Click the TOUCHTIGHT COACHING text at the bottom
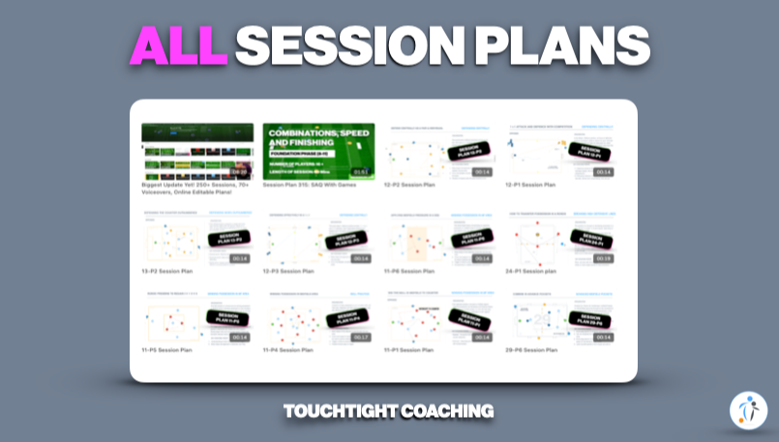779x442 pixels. pos(389,411)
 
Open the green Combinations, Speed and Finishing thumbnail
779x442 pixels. pos(319,151)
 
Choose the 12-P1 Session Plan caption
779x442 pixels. pos(531,184)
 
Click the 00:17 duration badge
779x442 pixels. pos(361,338)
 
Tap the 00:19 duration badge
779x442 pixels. pos(603,258)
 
